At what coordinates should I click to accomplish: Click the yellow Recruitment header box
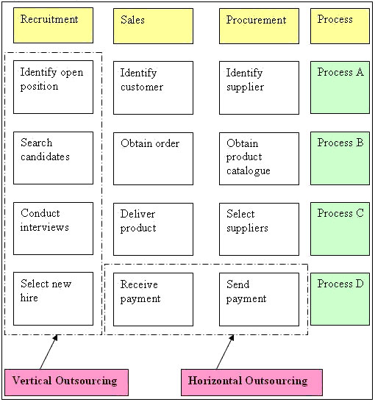coord(53,25)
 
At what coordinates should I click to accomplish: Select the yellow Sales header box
coord(153,26)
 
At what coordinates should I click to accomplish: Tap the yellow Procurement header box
coord(259,26)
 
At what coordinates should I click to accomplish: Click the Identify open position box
coord(53,87)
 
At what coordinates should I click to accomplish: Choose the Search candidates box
coord(53,158)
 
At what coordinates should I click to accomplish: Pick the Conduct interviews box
coord(53,229)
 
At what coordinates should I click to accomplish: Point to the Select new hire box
coord(53,298)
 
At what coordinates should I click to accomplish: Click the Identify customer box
coord(153,87)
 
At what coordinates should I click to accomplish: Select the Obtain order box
coord(153,159)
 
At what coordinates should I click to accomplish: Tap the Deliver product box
coord(153,229)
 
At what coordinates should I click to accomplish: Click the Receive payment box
coord(153,299)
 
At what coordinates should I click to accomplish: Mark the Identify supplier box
coord(259,87)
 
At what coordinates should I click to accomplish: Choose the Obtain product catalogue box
coord(259,159)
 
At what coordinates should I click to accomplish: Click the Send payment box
coord(259,299)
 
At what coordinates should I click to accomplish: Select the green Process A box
coord(340,87)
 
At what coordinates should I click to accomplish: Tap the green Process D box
coord(340,299)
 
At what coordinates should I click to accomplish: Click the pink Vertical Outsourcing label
coord(66,382)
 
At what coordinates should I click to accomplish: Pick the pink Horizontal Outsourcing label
coord(251,382)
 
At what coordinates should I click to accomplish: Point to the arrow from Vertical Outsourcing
coord(49,352)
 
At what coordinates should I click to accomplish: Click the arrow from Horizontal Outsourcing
coord(225,352)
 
